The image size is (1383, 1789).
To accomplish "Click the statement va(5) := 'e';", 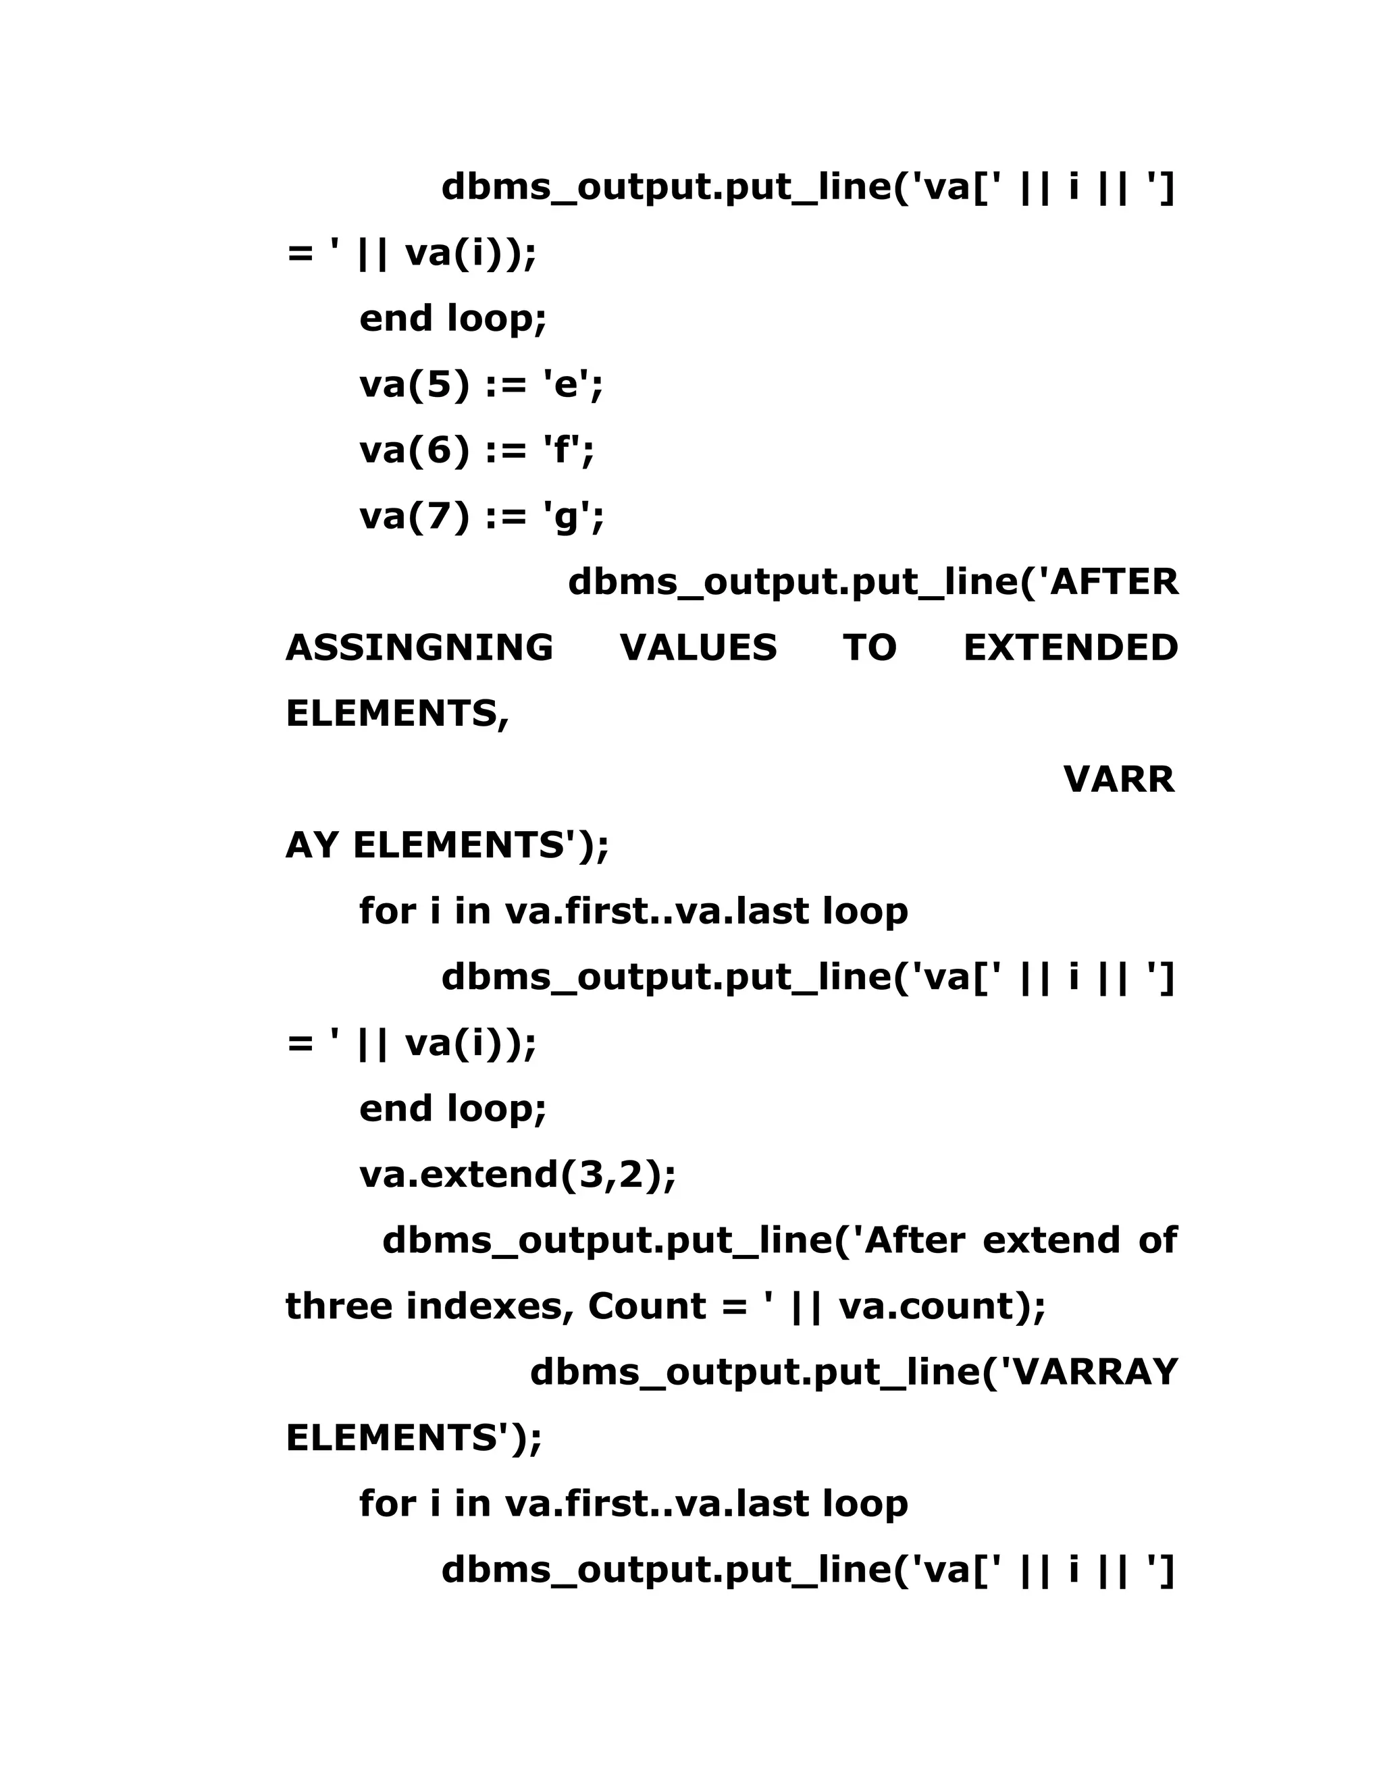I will point(481,384).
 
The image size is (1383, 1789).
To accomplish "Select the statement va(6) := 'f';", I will point(477,450).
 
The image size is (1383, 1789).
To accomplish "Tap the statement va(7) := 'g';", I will point(481,516).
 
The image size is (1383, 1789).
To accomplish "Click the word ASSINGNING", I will point(419,647).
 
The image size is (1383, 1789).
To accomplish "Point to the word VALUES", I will point(698,647).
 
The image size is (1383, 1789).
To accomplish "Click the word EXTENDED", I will point(1070,647).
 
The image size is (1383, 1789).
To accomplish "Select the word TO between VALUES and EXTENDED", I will point(870,647).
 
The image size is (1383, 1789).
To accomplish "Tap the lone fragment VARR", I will point(1118,779).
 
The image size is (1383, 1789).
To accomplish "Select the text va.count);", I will point(943,1306).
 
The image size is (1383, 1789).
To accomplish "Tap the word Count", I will point(646,1306).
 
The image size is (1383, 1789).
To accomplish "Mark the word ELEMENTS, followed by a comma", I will point(397,714).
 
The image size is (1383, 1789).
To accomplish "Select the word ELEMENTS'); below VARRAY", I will point(414,1437).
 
